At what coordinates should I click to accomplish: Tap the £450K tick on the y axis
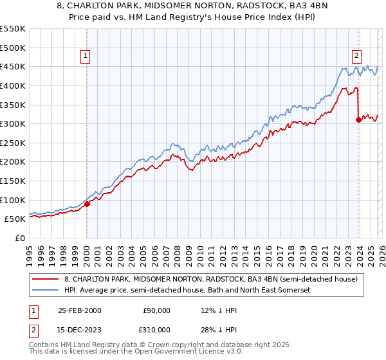(13, 66)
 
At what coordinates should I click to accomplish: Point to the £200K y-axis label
(13, 162)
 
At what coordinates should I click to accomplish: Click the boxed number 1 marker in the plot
(86, 57)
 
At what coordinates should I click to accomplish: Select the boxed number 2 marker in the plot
(356, 56)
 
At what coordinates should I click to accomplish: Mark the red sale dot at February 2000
(87, 204)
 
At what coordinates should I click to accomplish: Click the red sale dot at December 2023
(358, 120)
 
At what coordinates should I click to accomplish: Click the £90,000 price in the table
(156, 310)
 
